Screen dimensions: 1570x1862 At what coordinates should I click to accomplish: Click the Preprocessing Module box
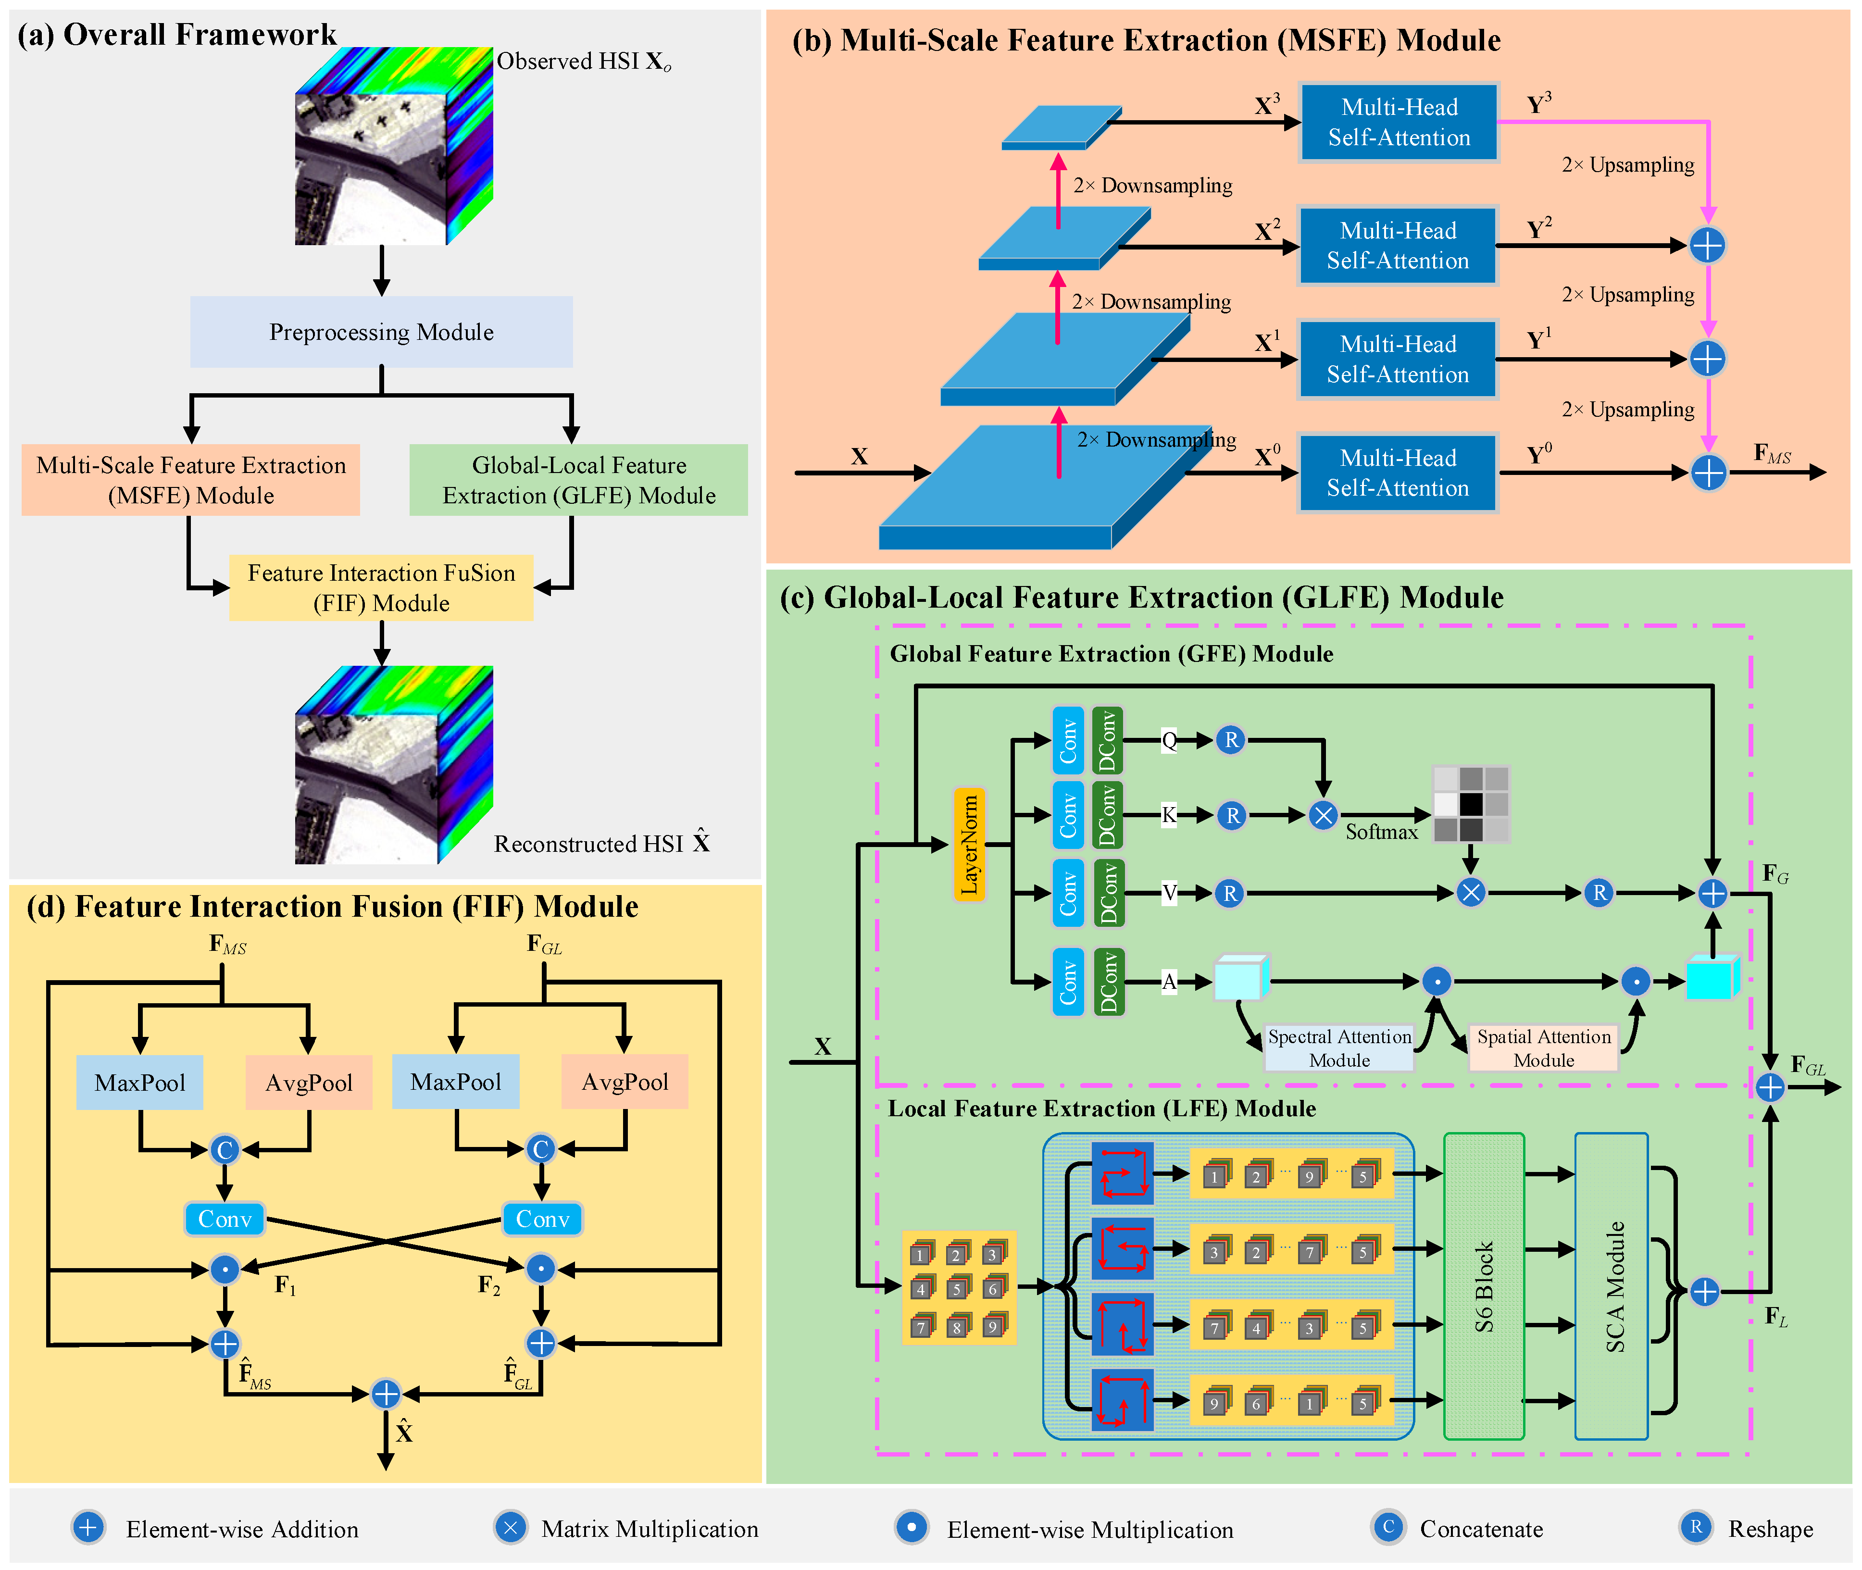tap(381, 332)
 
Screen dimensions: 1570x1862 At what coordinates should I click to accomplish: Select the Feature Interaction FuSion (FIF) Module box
tap(381, 587)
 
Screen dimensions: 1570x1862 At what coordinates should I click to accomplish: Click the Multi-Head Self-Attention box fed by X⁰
tap(1398, 473)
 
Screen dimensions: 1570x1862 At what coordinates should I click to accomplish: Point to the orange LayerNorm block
tap(969, 844)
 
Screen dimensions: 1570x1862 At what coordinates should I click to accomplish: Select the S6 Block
tap(1484, 1285)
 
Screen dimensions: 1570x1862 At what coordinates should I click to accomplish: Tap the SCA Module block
tap(1612, 1285)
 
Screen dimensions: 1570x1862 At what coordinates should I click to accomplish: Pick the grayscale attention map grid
tap(1470, 804)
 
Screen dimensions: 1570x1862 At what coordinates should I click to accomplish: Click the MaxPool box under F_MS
tap(140, 1082)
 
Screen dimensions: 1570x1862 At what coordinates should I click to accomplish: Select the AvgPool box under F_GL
tap(625, 1082)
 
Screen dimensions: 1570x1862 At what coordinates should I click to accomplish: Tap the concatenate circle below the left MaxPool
tap(225, 1150)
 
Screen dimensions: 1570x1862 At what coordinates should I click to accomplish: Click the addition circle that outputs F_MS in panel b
tap(1708, 473)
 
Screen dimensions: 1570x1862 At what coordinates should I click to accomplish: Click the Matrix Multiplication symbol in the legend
tap(511, 1528)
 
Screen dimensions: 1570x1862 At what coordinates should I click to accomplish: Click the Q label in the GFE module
tap(1169, 740)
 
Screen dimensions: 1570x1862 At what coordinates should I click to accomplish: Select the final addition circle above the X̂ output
tap(386, 1394)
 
